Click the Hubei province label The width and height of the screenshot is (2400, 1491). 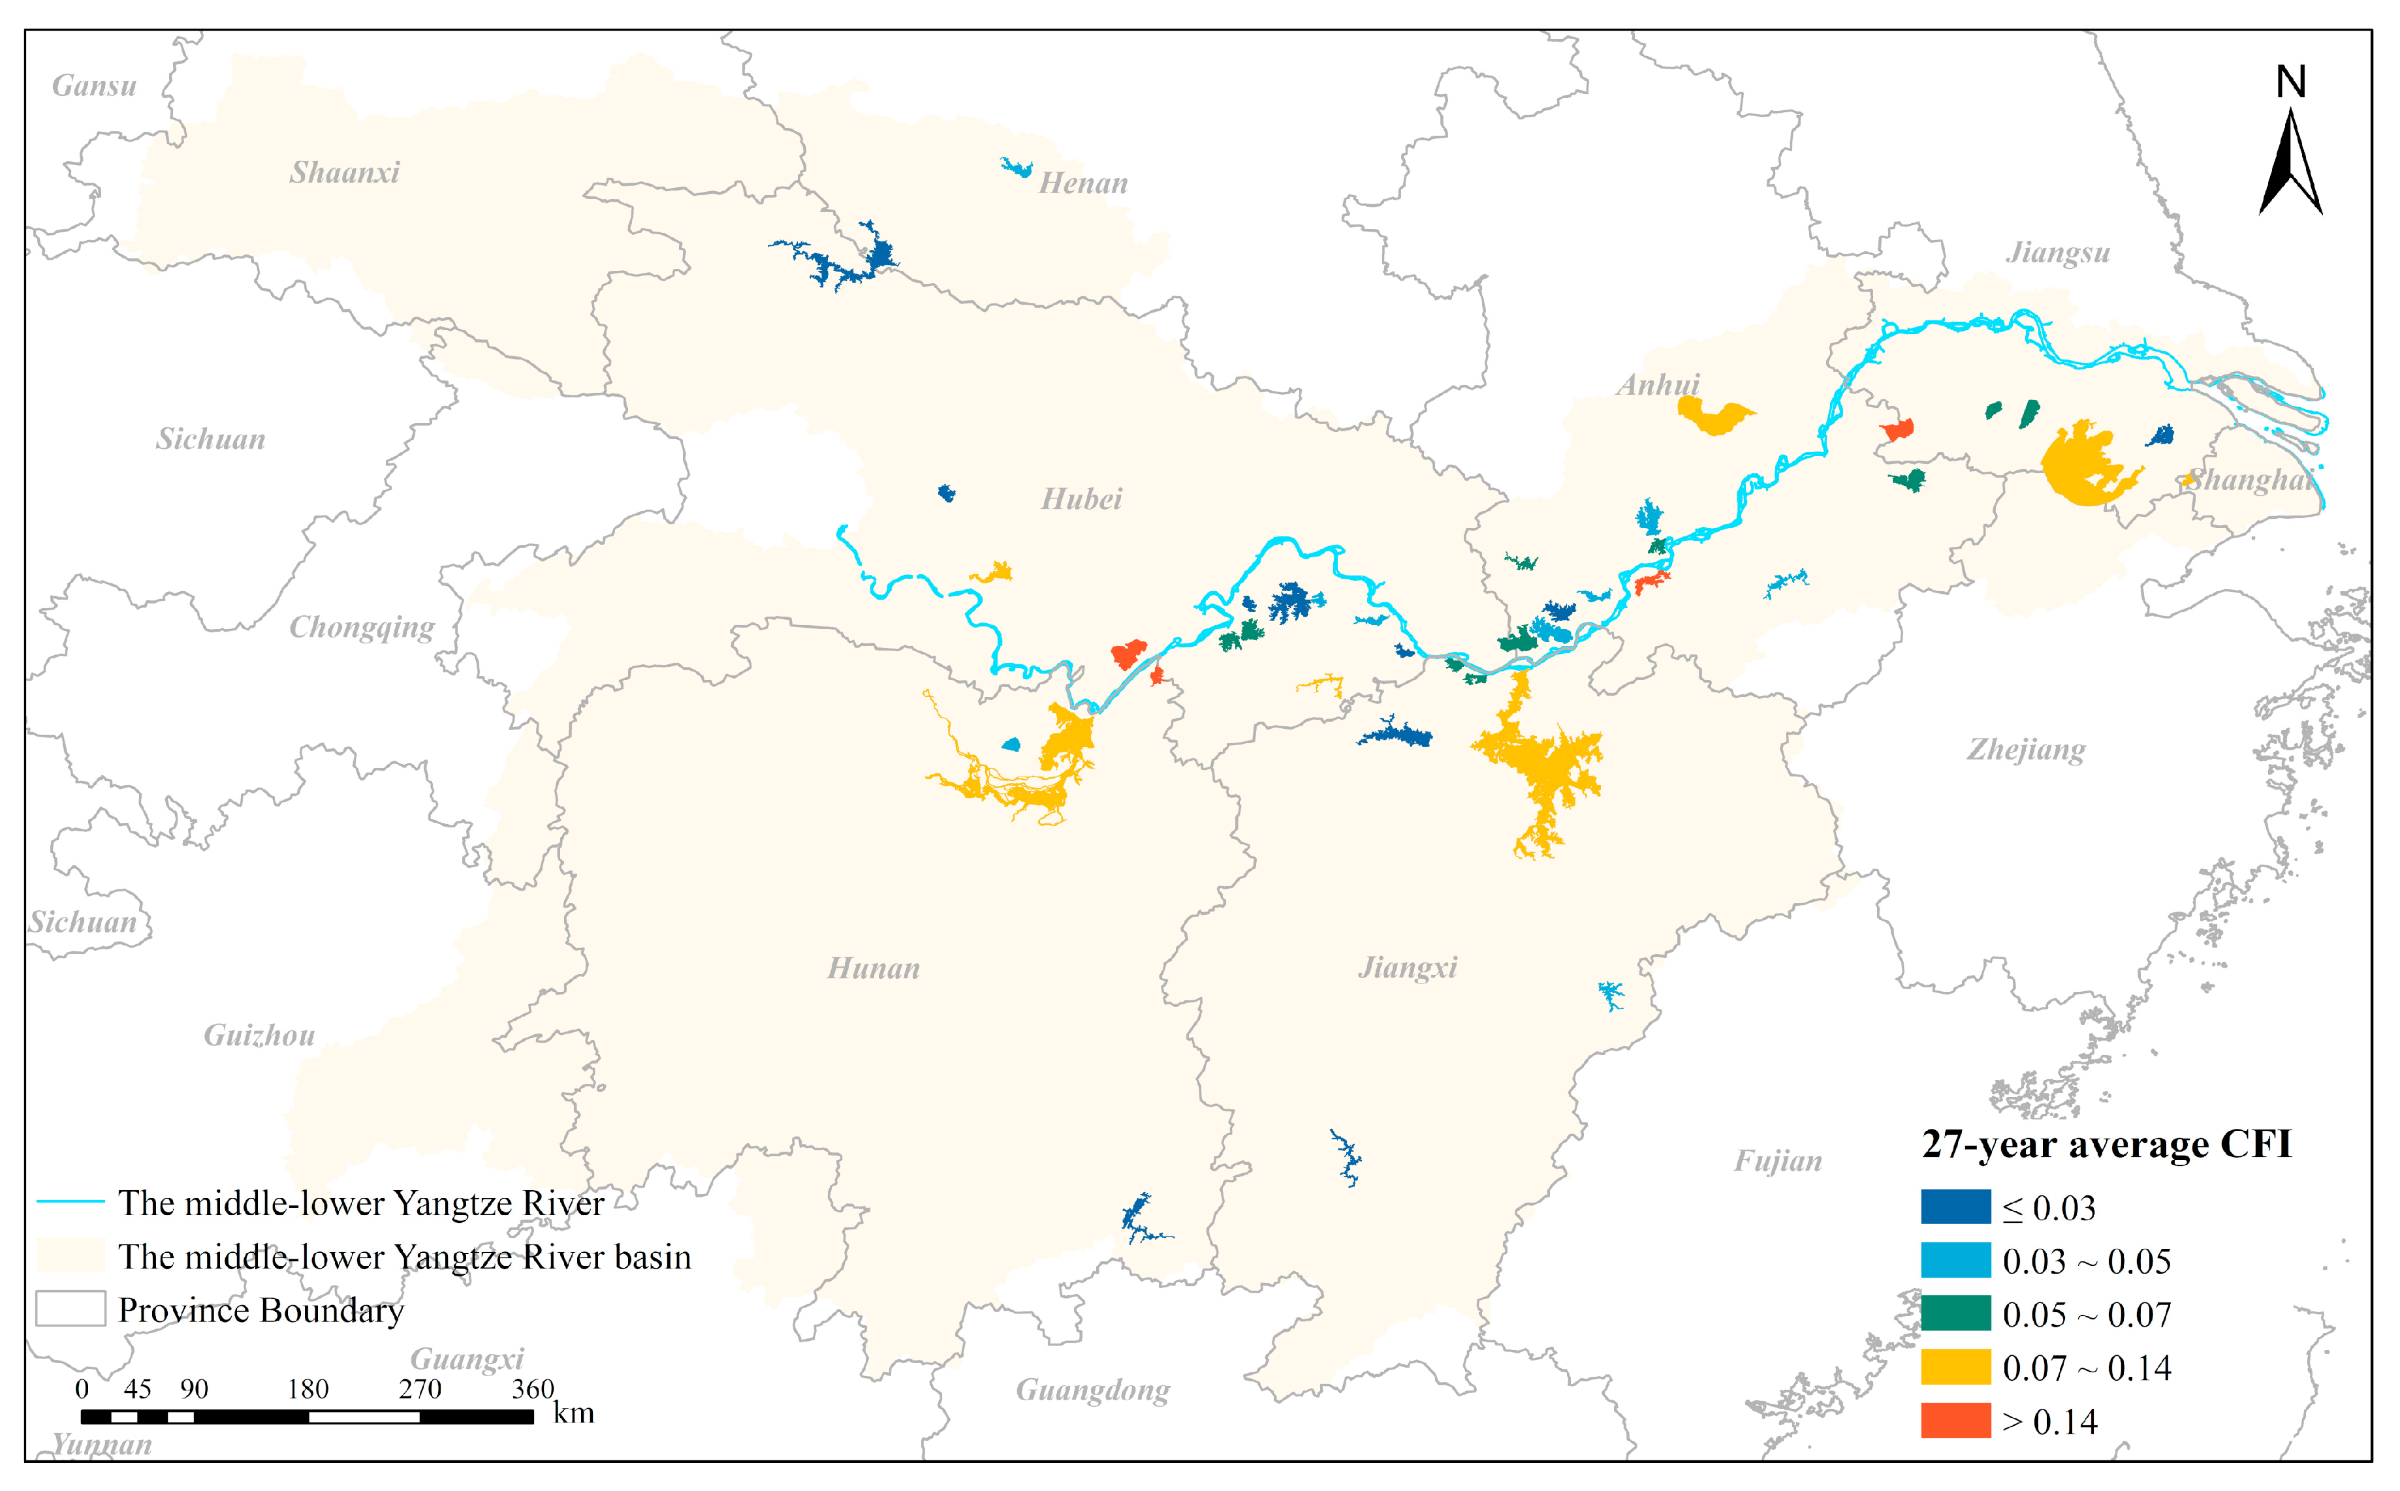click(1081, 499)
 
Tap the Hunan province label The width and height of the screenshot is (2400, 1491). click(873, 968)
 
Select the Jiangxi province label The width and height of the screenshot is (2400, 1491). click(1407, 968)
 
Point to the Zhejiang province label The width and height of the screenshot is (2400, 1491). click(2025, 750)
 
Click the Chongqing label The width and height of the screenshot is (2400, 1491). click(361, 627)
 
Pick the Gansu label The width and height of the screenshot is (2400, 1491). click(94, 85)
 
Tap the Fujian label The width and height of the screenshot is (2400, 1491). click(1778, 1161)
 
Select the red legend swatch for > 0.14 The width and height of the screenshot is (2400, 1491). click(1955, 1421)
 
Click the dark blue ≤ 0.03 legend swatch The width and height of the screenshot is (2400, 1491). click(1955, 1207)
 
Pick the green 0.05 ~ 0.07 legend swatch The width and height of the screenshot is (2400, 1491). click(1955, 1314)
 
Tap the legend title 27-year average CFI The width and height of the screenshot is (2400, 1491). click(2106, 1144)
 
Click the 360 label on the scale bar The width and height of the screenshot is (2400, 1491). click(533, 1389)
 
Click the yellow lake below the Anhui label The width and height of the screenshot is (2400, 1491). click(1714, 416)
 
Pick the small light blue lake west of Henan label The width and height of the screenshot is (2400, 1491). click(1016, 168)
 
